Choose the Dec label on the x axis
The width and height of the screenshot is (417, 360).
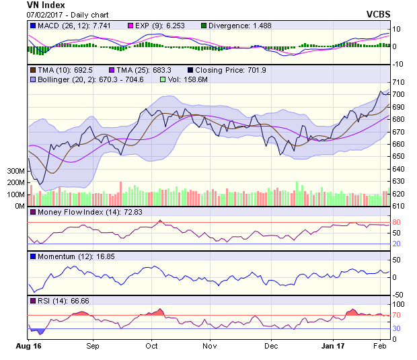(x=271, y=345)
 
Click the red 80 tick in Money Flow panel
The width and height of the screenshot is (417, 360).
(x=397, y=223)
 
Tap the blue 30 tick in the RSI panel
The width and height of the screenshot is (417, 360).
(x=397, y=328)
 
